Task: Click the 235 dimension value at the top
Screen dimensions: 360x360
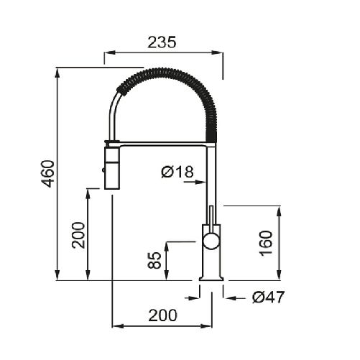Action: coord(162,42)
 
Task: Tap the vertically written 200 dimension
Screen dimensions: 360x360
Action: coord(78,234)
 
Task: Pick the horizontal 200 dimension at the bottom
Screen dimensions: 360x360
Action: coord(163,315)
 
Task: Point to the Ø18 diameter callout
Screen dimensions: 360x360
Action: coord(178,172)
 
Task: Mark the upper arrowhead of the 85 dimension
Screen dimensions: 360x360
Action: coord(166,246)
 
